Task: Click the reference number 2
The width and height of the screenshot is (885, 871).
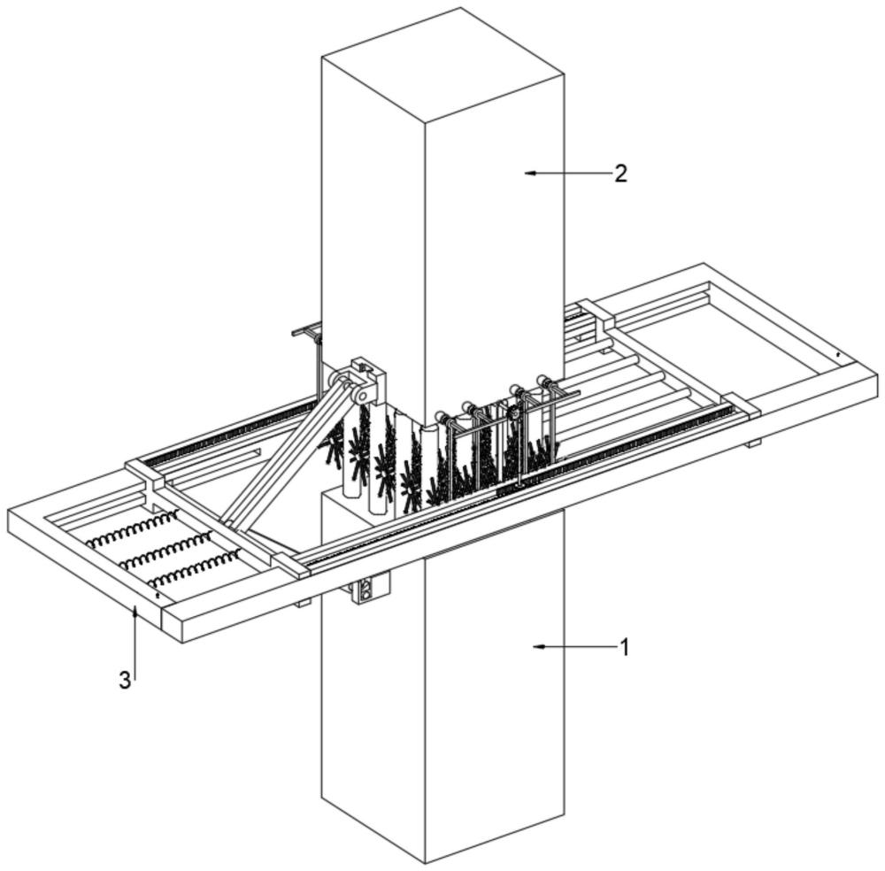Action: [x=620, y=173]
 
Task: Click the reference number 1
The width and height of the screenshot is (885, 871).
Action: [x=624, y=647]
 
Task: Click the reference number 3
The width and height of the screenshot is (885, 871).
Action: [x=125, y=681]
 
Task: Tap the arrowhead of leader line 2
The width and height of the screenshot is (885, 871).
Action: [x=529, y=173]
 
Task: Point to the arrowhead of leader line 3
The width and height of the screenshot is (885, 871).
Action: [x=135, y=612]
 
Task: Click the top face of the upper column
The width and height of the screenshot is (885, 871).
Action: [x=443, y=66]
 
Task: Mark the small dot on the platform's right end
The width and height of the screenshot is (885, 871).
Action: [x=838, y=354]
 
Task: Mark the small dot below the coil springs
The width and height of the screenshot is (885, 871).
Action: [x=158, y=595]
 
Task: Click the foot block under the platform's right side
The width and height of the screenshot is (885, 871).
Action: [x=753, y=443]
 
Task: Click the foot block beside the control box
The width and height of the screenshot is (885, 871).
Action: [x=304, y=602]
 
